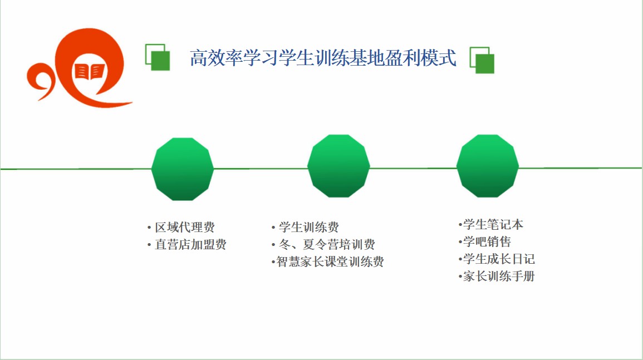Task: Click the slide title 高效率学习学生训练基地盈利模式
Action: click(x=323, y=58)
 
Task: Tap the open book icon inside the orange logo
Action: click(x=90, y=72)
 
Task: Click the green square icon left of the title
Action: click(x=158, y=57)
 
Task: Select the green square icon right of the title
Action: click(x=482, y=60)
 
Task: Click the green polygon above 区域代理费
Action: click(x=183, y=169)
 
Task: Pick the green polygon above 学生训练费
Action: click(x=338, y=166)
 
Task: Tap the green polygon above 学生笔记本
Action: click(x=488, y=166)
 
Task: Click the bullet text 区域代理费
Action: click(x=184, y=227)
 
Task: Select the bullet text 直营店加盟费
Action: click(x=191, y=245)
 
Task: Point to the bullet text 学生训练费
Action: click(x=309, y=227)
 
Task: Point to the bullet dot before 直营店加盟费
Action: click(x=149, y=245)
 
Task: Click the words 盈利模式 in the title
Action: click(x=421, y=58)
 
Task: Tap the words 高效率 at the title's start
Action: click(x=217, y=58)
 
